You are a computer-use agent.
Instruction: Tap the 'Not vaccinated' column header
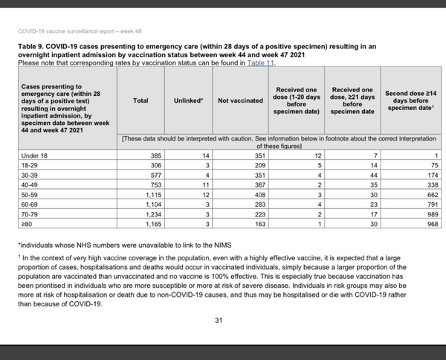click(239, 100)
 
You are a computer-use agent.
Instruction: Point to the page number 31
click(219, 321)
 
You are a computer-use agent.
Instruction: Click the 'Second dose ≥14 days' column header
click(407, 100)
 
